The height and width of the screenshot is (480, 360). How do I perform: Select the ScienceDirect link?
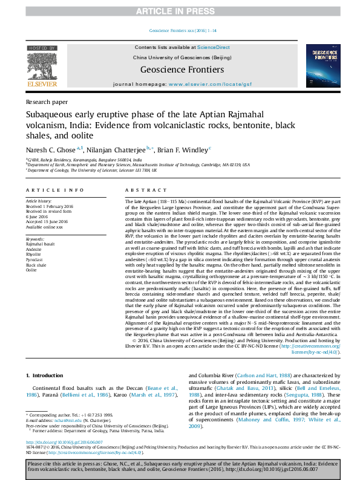(214, 47)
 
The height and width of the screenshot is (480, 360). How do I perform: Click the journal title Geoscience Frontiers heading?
(182, 70)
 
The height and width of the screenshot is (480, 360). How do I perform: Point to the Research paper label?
(47, 103)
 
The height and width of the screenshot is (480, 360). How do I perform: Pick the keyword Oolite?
(31, 270)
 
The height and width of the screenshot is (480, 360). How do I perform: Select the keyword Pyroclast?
(34, 259)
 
